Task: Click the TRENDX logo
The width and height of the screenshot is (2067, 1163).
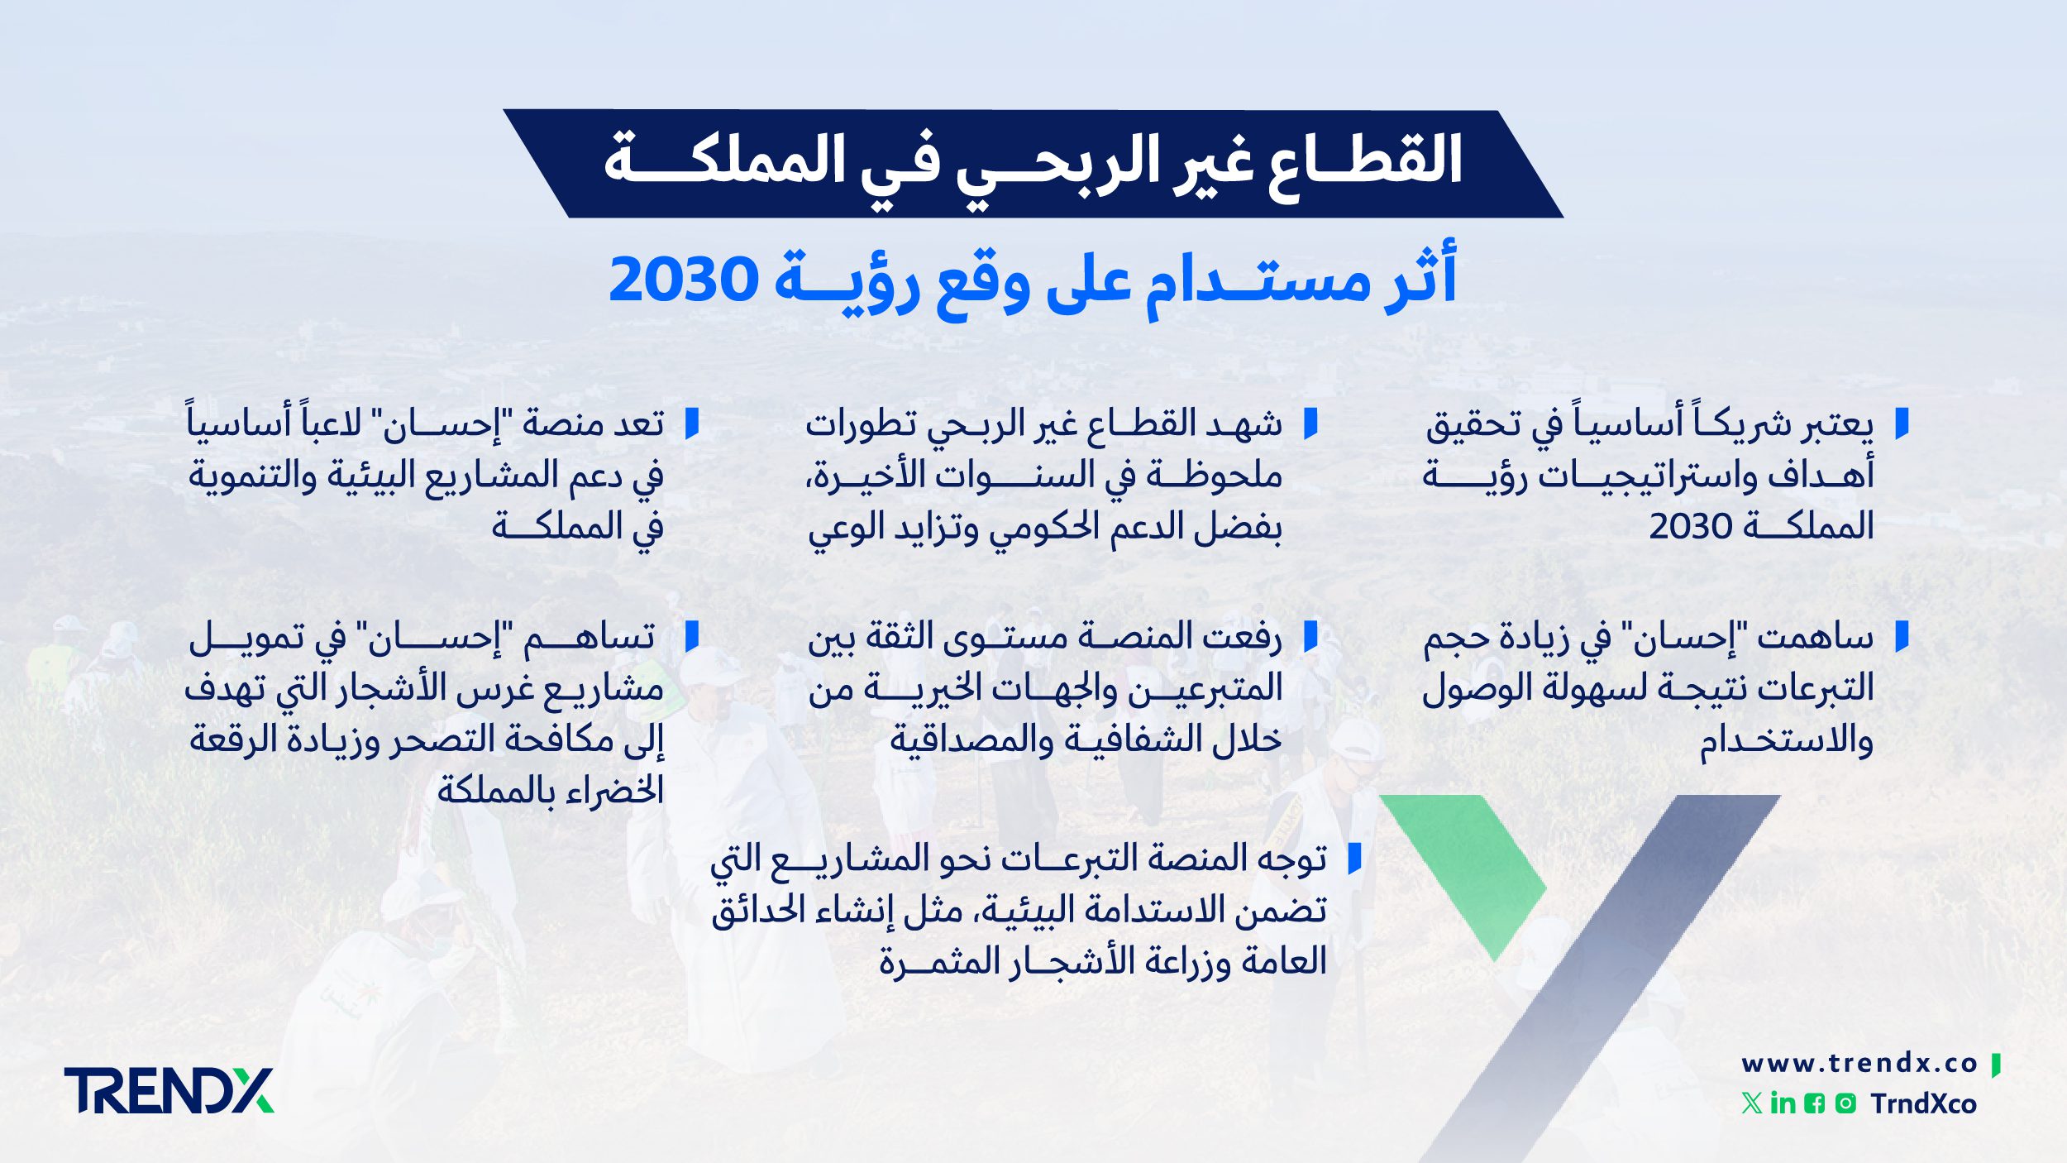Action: [169, 1090]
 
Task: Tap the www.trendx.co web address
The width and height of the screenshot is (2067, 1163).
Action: [1859, 1064]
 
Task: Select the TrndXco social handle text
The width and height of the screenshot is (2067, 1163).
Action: [1923, 1104]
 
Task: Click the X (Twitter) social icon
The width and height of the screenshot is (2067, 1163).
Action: [1751, 1103]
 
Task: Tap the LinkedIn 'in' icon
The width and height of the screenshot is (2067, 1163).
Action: [1783, 1103]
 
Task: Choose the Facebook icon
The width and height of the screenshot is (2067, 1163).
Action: [1814, 1103]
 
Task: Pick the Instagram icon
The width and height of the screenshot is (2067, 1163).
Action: [1845, 1103]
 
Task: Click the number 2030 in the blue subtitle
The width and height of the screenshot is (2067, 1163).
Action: [683, 280]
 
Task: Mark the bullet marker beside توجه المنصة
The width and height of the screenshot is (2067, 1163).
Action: [1354, 859]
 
